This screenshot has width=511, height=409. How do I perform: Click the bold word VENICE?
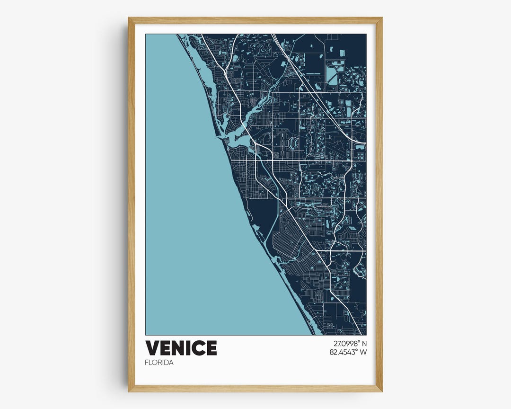click(181, 348)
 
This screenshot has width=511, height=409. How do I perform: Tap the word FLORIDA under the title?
click(159, 363)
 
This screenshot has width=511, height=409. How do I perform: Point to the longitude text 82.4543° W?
click(348, 352)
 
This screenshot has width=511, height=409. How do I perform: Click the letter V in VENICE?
click(152, 348)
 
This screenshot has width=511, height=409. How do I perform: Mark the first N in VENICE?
click(175, 348)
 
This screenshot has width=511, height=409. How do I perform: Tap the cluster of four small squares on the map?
click(361, 156)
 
